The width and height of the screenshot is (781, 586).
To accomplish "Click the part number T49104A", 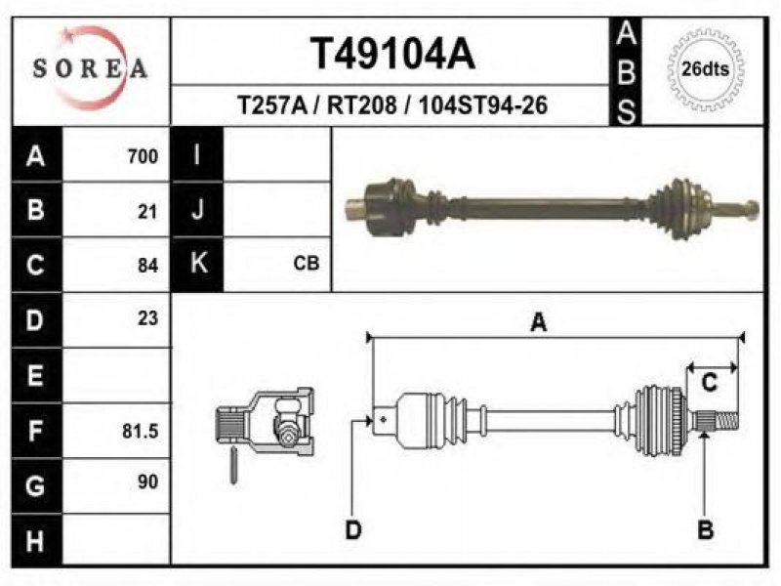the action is coord(392,54).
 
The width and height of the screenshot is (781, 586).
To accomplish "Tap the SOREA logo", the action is coord(90,68).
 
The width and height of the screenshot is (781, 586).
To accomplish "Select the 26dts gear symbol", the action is coord(705,69).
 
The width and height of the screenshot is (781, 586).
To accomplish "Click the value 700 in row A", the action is coord(143,156).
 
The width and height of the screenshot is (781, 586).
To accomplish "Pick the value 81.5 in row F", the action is coord(141,431).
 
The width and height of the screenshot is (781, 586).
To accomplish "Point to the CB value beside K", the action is coord(307,263).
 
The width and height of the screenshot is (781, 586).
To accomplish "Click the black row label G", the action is coord(36,485).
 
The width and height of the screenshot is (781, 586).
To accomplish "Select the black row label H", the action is coord(36,540).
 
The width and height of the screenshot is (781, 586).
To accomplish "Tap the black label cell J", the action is coord(197,209).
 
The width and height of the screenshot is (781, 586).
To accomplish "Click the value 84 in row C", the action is coord(148,266).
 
